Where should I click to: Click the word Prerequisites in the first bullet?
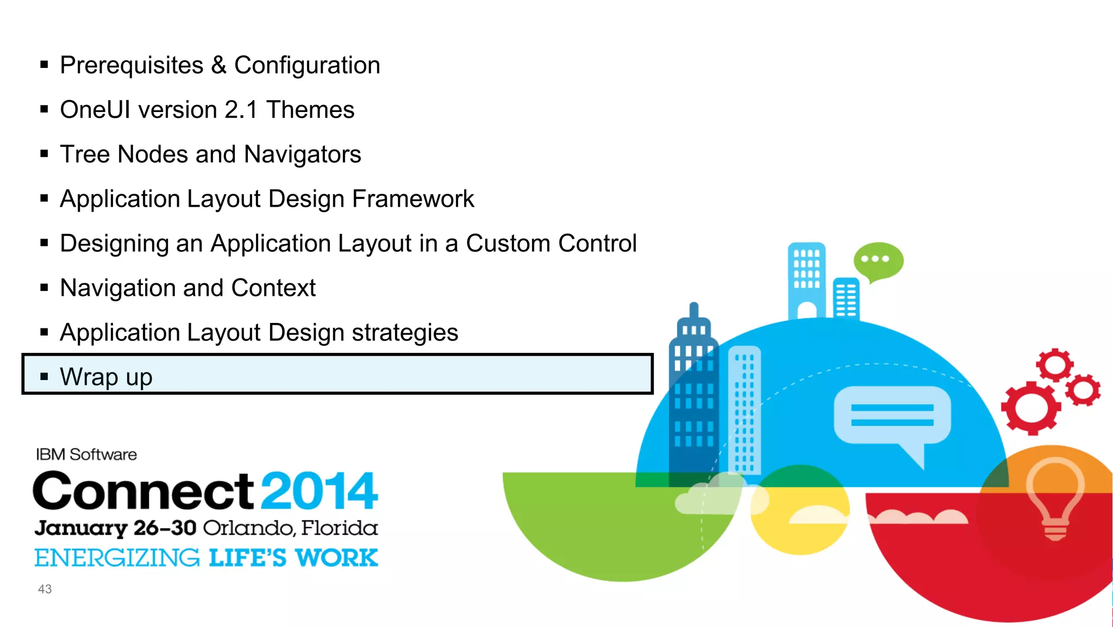132,66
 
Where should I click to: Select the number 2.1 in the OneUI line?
241,110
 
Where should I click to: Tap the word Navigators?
302,155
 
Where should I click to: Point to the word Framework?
413,199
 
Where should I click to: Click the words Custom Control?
551,244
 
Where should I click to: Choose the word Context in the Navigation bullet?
273,288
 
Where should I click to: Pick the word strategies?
405,333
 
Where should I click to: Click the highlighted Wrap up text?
106,377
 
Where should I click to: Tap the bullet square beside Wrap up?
45,376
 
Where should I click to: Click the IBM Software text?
86,455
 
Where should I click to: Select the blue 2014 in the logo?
319,491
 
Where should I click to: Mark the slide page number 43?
45,589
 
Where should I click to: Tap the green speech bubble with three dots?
878,260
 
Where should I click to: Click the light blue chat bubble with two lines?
892,416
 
